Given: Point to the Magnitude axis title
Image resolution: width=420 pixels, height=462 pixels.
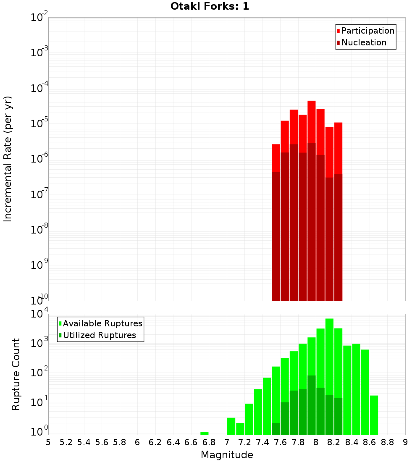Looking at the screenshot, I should coord(227,455).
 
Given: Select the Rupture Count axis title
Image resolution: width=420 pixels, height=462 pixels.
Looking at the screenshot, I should coord(16,374).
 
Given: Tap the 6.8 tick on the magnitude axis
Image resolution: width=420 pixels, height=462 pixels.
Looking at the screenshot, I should coord(209,442).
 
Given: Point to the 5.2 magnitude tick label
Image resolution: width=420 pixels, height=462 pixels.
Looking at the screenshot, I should coord(66,442).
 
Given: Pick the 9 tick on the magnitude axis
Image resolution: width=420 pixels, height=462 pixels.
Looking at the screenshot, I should coord(405,442).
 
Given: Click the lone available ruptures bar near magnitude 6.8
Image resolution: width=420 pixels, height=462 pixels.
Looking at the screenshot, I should coord(205,433).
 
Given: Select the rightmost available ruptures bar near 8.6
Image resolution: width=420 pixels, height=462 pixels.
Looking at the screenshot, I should coord(374,415).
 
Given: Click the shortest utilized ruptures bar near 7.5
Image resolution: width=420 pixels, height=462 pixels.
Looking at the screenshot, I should coord(276,429).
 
